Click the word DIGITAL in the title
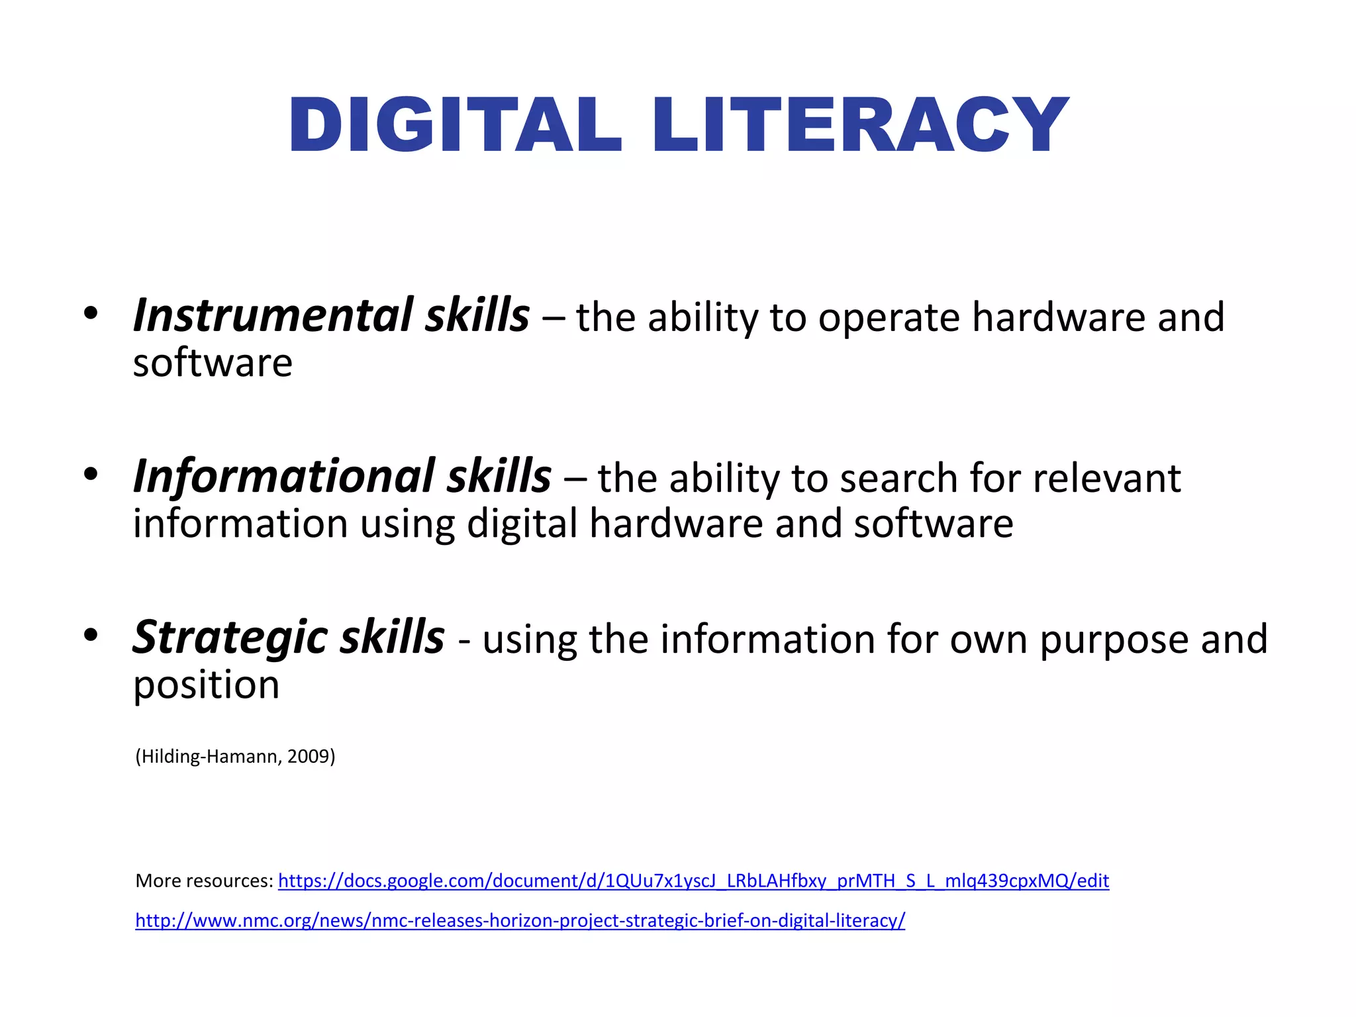tap(454, 125)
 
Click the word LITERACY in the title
tap(860, 125)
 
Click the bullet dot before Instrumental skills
tap(91, 313)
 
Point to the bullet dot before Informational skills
tap(91, 473)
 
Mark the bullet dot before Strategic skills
tap(91, 635)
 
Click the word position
tap(207, 686)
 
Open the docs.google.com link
tap(693, 881)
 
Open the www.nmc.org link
tap(520, 920)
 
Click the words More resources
tap(204, 881)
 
